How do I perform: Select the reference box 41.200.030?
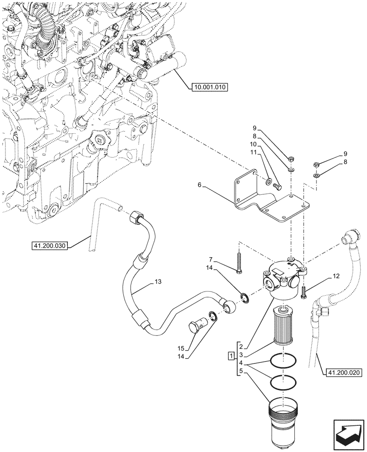pyautogui.click(x=50, y=246)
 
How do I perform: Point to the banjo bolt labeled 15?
pyautogui.click(x=198, y=324)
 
